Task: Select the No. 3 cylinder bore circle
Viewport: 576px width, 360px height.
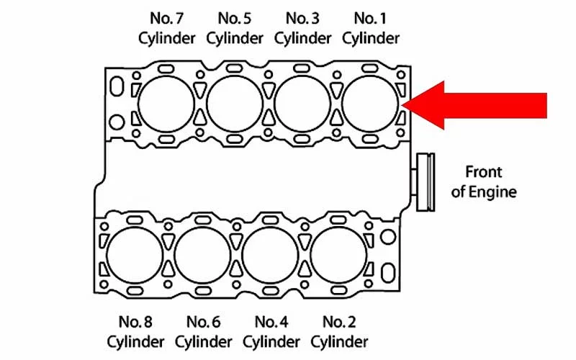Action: point(302,102)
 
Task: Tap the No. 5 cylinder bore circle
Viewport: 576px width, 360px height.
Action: point(235,102)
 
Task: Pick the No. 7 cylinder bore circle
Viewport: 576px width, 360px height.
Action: point(166,102)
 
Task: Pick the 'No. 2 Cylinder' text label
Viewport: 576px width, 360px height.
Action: point(340,330)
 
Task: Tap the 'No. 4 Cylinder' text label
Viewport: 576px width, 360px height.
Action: point(272,330)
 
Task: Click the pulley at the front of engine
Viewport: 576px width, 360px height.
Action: point(426,182)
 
